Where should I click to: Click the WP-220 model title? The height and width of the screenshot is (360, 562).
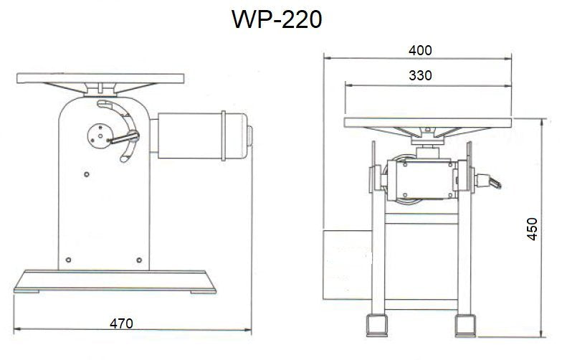(x=276, y=19)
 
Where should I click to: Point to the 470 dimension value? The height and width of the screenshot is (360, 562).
(x=122, y=323)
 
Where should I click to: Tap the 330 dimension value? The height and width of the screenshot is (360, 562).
(x=421, y=75)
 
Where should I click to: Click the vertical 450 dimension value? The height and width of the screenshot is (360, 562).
(x=532, y=228)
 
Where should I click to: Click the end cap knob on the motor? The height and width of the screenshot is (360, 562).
(x=250, y=136)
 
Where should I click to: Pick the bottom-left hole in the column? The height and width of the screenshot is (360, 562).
(x=67, y=259)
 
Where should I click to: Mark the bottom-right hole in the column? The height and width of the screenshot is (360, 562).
(x=139, y=259)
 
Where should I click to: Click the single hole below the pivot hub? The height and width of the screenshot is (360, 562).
(x=86, y=173)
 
